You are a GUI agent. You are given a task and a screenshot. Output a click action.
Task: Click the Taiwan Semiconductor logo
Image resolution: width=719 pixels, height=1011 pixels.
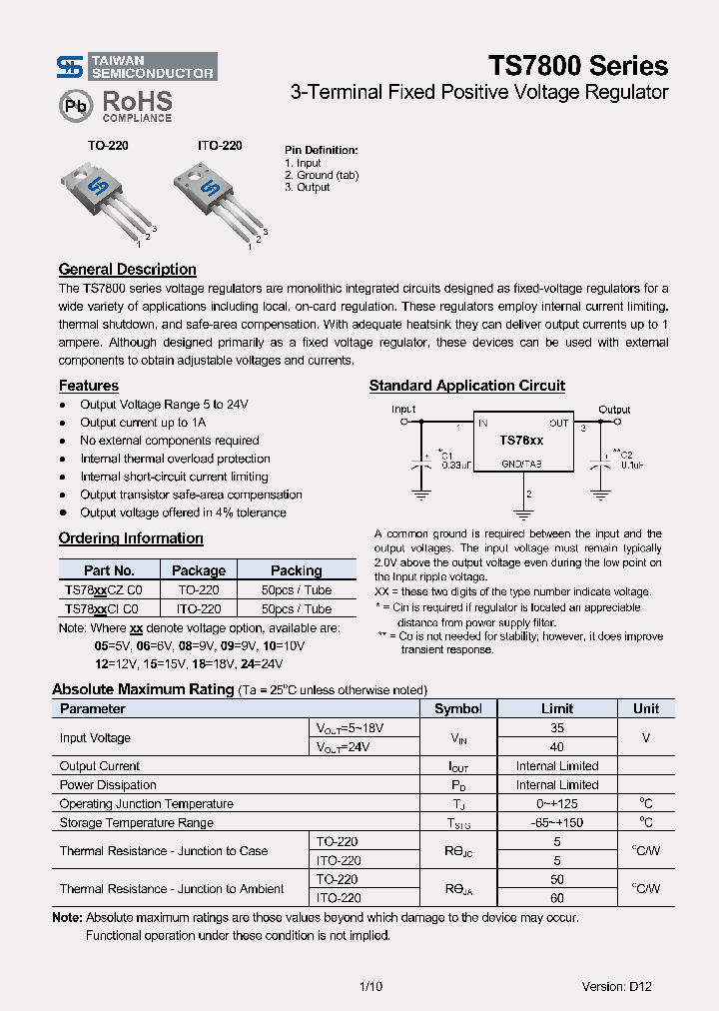(x=136, y=67)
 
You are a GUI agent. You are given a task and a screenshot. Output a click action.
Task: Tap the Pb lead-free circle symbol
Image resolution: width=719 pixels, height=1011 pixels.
(x=73, y=105)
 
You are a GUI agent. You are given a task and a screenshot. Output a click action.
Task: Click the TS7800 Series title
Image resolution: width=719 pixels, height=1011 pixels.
(x=577, y=66)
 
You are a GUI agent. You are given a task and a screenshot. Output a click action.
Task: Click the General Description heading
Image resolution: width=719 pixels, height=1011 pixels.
(x=127, y=270)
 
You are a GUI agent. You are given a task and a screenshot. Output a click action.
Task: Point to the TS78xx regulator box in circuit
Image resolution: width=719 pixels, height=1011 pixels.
(x=521, y=441)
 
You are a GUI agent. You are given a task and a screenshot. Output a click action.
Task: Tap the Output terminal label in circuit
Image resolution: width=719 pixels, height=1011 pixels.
(x=614, y=410)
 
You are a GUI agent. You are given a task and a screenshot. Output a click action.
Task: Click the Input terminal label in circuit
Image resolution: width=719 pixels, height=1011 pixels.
(x=403, y=410)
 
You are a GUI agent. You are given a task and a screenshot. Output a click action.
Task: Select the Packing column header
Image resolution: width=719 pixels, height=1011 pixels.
(x=296, y=570)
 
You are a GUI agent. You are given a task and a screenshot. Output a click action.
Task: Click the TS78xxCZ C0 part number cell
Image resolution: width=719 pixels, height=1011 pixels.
(x=102, y=589)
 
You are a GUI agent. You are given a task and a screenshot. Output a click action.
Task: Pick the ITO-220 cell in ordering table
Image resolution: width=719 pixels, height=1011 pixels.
(x=199, y=608)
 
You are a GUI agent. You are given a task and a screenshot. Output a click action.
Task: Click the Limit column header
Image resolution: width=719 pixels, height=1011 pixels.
(x=557, y=708)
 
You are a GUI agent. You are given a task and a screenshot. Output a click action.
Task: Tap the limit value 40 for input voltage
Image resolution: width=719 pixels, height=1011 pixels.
(x=557, y=746)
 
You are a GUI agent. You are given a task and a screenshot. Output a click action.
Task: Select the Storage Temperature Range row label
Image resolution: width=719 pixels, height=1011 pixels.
(x=136, y=823)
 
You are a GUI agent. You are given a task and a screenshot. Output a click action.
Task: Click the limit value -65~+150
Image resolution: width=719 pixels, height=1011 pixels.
(x=557, y=823)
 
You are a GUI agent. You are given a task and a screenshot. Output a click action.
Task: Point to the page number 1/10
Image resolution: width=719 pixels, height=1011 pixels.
(x=369, y=986)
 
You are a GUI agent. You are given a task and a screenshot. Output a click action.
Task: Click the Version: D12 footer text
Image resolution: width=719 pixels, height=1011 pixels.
(x=616, y=986)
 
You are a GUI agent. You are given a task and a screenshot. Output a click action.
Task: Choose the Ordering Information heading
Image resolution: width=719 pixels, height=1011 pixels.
(x=131, y=538)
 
